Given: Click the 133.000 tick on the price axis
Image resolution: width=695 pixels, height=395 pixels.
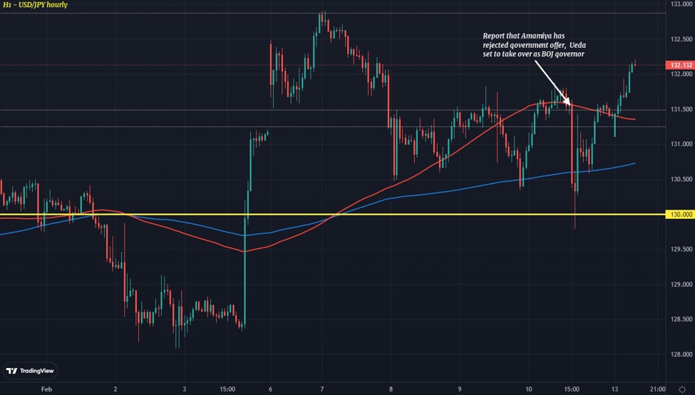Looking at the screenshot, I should click(x=681, y=4).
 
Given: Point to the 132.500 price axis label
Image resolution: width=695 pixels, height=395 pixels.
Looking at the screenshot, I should click(x=681, y=39).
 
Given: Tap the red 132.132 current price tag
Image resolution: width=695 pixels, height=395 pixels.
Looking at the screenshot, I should click(x=680, y=65).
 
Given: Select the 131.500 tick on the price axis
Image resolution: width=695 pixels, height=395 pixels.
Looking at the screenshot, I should click(x=681, y=109).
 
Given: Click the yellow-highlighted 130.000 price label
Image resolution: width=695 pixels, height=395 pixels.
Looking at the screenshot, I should click(x=680, y=215).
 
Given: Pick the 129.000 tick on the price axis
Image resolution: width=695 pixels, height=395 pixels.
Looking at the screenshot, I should click(x=681, y=284).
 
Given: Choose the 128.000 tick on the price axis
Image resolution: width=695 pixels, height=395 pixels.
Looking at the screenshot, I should click(x=681, y=354).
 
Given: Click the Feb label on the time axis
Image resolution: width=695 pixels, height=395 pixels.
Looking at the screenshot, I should click(x=47, y=389).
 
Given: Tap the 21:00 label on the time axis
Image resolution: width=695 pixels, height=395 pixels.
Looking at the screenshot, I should click(x=657, y=389).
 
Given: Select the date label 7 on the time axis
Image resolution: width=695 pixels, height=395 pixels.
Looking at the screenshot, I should click(x=322, y=389).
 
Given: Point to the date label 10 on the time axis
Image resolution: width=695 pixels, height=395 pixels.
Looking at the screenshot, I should click(x=528, y=389).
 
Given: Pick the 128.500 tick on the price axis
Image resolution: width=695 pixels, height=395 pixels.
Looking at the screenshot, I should click(x=681, y=319).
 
